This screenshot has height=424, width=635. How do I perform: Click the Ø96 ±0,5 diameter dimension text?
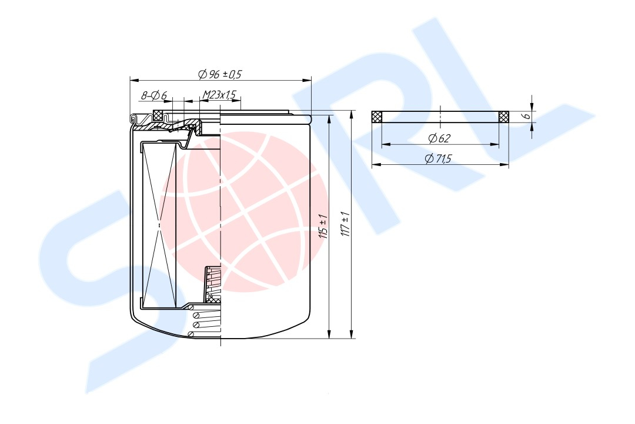click(x=219, y=74)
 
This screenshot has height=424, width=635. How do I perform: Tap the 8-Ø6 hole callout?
click(x=154, y=96)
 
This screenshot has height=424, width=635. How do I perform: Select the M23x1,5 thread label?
click(x=219, y=95)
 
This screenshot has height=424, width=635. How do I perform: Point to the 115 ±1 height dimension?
click(x=323, y=226)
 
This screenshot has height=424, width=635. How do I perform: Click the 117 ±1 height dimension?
click(x=346, y=224)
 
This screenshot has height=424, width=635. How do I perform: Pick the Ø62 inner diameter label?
click(x=439, y=138)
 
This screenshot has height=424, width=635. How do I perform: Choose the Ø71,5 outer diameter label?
click(x=438, y=158)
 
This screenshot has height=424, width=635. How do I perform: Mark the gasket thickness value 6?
click(x=526, y=116)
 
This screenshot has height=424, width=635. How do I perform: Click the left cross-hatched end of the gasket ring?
click(x=377, y=117)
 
